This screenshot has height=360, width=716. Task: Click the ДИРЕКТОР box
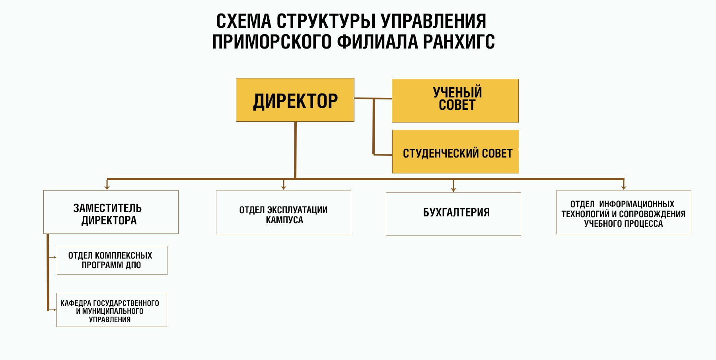[x=295, y=100]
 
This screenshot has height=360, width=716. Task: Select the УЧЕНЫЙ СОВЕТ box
[x=455, y=101]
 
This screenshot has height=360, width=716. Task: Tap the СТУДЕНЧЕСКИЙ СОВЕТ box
[x=455, y=152]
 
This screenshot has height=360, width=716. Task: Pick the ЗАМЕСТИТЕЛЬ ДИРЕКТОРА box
[x=111, y=212]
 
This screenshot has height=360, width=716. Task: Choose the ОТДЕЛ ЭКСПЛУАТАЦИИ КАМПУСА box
[x=283, y=212]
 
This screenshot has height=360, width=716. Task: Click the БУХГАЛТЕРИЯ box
[x=453, y=214]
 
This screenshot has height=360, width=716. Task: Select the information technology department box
[x=623, y=212]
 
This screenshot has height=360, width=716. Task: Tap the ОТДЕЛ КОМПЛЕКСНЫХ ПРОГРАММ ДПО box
[x=112, y=260]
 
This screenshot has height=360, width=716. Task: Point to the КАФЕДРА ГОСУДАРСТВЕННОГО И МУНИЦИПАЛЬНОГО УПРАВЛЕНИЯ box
[x=111, y=310]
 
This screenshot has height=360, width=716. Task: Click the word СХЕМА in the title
[x=243, y=21]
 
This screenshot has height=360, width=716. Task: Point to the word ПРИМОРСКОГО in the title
[x=272, y=42]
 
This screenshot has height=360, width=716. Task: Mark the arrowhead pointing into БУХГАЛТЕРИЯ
[x=453, y=190]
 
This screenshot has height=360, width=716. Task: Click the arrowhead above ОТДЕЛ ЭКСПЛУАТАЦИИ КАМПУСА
[x=284, y=187]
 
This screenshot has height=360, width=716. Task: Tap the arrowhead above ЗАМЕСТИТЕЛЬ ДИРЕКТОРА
[x=107, y=187]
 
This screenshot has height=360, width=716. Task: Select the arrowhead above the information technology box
[x=624, y=187]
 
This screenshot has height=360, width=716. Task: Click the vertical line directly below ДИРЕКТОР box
[x=295, y=149]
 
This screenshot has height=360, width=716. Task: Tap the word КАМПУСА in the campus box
[x=284, y=220]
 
